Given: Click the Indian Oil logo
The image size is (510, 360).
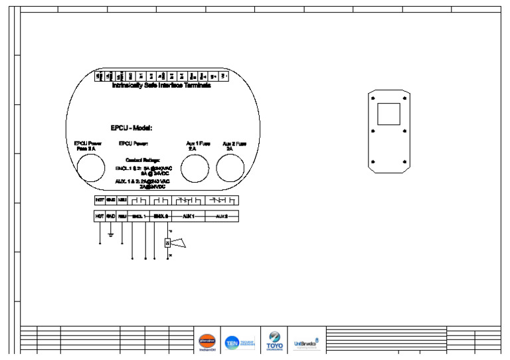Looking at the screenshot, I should pos(207,341).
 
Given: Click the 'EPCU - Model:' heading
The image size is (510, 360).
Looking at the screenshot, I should pos(131,128).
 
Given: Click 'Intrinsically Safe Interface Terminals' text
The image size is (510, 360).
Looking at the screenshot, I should pos(161,86).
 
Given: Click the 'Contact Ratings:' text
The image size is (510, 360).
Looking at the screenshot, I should pos(142,160).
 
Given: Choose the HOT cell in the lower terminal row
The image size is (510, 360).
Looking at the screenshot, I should pos(100,217).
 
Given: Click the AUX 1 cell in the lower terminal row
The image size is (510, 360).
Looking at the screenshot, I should pos(188,217).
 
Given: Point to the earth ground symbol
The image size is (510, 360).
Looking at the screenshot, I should pos(111,233).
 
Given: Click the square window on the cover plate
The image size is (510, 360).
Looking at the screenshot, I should pos(388,114).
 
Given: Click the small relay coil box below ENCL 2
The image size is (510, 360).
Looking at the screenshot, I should pos(168,243).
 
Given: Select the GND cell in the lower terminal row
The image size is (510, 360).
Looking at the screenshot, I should pos(111,217).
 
